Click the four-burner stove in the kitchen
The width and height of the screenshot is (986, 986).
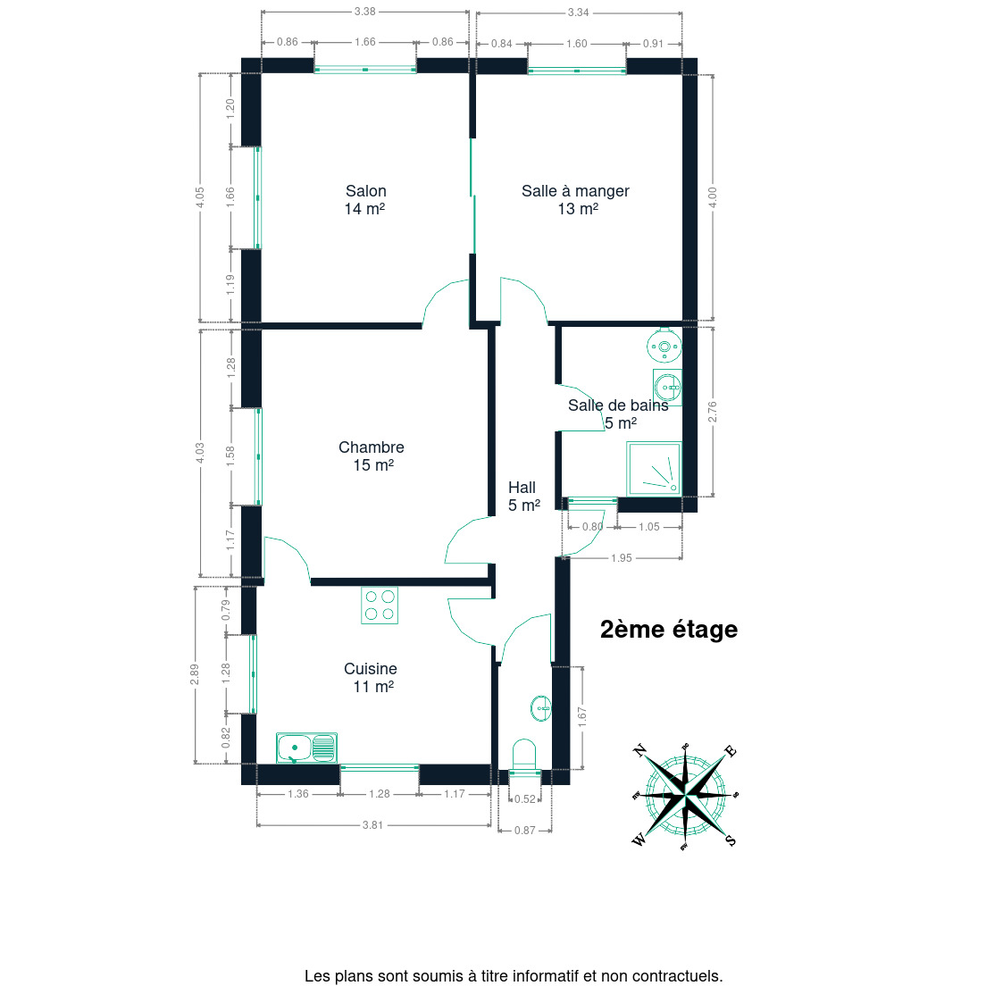[x=380, y=605]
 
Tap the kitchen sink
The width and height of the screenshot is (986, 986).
[x=307, y=748]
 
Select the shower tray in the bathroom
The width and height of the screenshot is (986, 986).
[x=654, y=469]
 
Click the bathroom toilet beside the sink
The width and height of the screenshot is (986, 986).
[x=664, y=346]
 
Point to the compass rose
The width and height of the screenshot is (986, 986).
[x=685, y=796]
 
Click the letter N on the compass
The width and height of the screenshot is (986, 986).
[x=639, y=750]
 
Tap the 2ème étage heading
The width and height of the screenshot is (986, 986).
[x=669, y=629]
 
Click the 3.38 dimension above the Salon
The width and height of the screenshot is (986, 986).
[x=364, y=12]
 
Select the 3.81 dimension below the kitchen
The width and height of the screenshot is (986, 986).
[x=372, y=825]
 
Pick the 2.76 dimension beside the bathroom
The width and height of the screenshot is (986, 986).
[x=713, y=412]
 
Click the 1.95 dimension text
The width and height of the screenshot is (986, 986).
[x=622, y=558]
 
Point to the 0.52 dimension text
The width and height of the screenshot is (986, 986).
[x=525, y=799]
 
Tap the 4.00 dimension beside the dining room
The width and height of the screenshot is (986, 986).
[x=713, y=197]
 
